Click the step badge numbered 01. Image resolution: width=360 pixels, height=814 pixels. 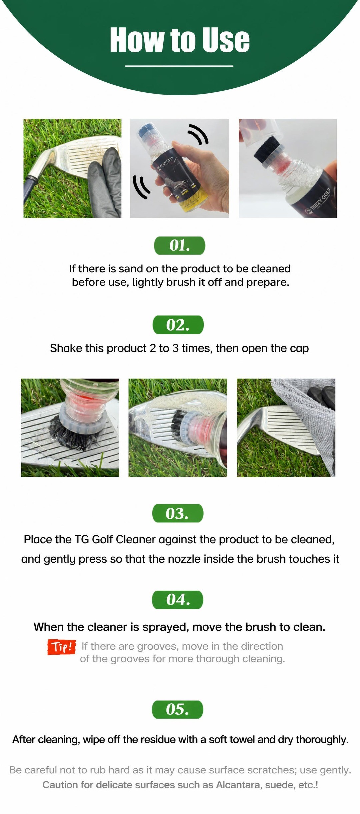(x=179, y=245)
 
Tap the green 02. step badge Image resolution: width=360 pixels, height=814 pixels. (x=178, y=325)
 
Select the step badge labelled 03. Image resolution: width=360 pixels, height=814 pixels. (x=178, y=513)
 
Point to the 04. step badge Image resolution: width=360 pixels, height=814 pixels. (x=177, y=600)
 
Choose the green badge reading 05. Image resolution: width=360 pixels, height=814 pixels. (x=177, y=709)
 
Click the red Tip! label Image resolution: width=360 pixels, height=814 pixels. (x=62, y=647)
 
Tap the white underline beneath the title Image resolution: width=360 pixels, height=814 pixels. (x=179, y=66)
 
